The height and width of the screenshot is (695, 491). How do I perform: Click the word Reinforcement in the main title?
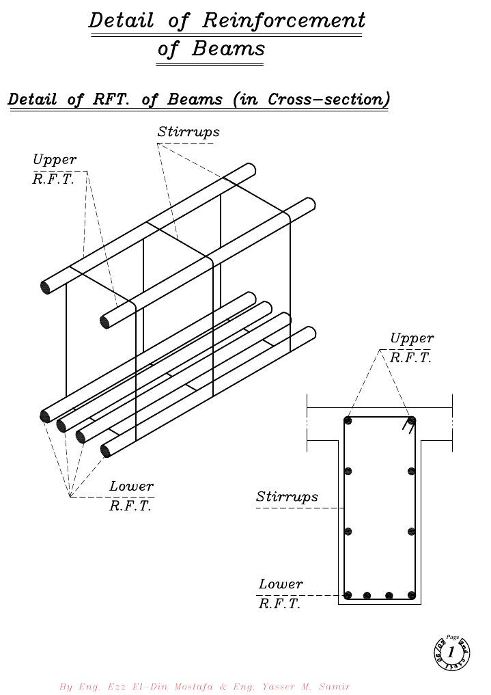pos(284,21)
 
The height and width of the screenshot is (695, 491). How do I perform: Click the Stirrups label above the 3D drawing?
pos(188,132)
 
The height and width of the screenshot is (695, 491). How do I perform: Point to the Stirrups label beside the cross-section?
pos(287,497)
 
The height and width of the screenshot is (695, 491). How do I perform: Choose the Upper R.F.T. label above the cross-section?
pos(412,348)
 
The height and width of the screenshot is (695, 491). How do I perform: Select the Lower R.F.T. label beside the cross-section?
pos(281,594)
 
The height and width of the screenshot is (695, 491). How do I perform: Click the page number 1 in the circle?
pos(451,651)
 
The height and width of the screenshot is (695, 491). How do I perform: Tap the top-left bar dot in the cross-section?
pos(348,421)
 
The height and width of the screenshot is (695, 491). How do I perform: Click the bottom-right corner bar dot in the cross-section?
pos(411,595)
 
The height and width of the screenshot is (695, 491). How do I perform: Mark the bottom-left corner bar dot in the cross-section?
pos(348,595)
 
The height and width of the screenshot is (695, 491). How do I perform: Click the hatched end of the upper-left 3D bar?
pos(46,286)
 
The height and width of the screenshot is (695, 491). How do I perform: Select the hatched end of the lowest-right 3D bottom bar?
pos(106,450)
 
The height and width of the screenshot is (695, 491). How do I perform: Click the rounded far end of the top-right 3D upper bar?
pos(309,204)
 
